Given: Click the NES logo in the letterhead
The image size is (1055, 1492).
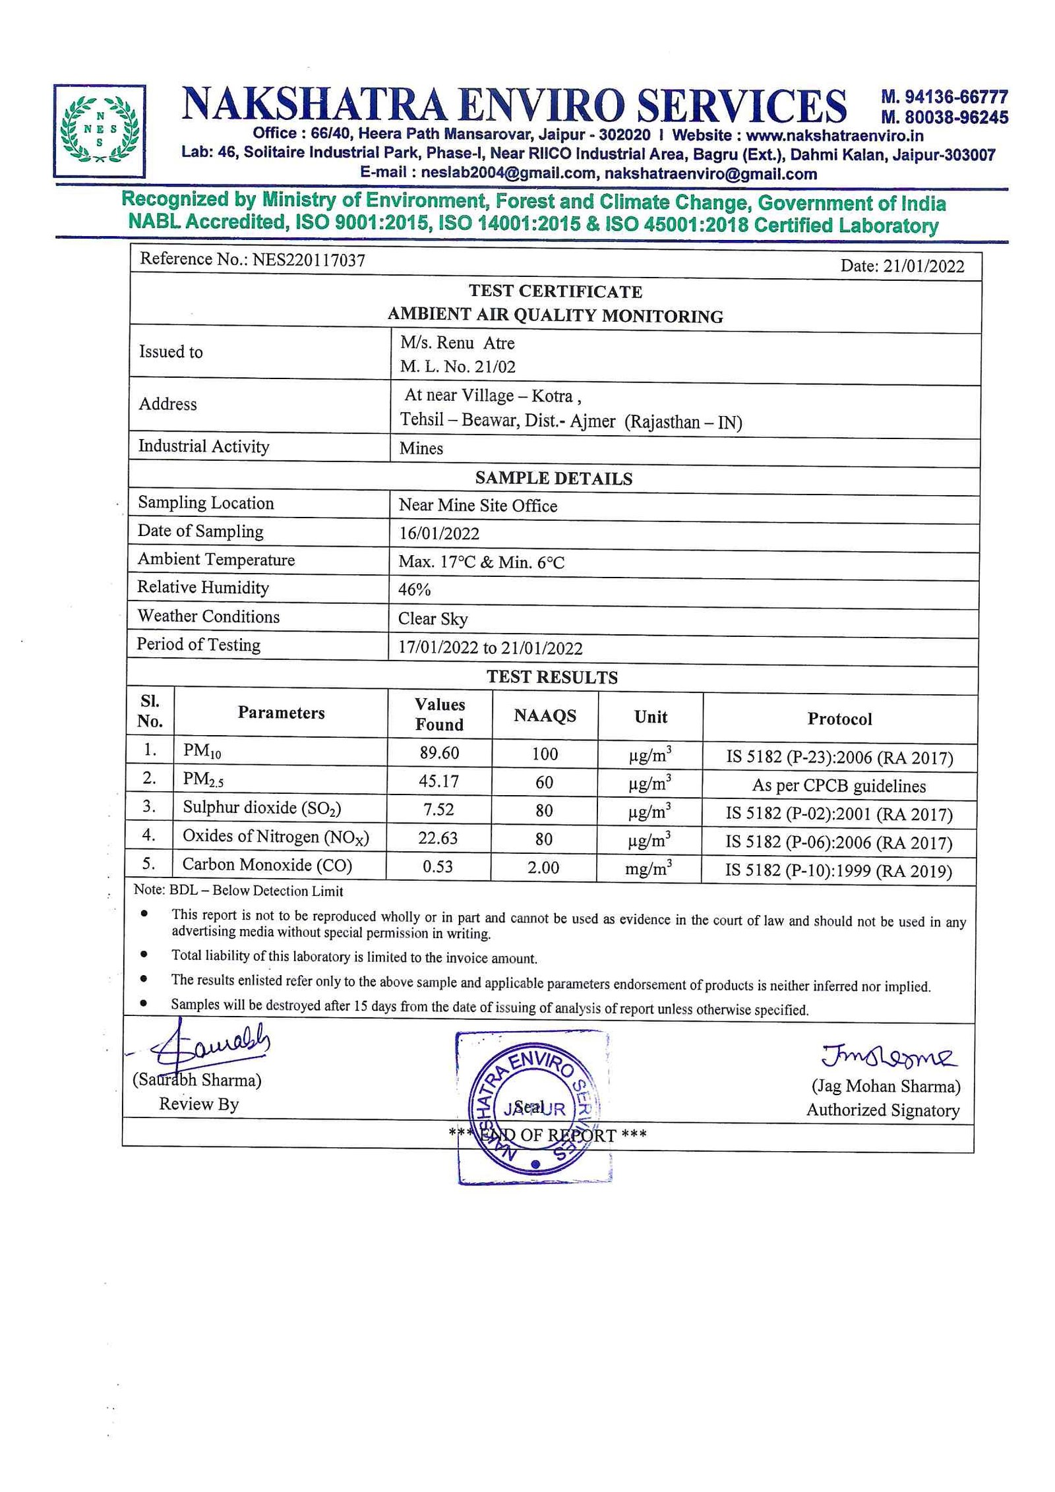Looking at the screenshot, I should pos(99,130).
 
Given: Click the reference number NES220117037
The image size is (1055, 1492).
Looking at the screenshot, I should pos(309,260).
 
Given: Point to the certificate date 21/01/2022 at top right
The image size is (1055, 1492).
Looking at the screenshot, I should pos(923,266).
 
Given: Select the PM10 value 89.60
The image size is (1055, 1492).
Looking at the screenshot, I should pos(439,752).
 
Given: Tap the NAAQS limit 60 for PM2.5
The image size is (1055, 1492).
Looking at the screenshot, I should pos(544,782).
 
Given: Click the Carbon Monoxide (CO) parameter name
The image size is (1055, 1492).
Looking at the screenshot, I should pos(267,864).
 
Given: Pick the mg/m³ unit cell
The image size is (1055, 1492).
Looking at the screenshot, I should pos(649,868).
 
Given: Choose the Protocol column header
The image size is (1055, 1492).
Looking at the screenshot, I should pos(839,719).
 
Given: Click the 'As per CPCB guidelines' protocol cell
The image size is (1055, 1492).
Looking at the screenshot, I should pos(839,786).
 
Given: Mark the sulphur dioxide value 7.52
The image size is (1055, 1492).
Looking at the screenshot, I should pos(438,810).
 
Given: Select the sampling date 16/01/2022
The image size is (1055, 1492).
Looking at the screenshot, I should pos(438,533).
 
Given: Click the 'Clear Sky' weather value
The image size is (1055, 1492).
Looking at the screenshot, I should pos(433,619).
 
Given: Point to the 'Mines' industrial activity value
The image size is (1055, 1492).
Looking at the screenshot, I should pos(421,448).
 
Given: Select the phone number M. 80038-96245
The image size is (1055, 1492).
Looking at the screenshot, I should pos(944,117).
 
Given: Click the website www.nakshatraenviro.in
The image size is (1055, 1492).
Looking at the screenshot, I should pos(834,136).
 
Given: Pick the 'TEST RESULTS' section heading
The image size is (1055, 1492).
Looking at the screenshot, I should pos(552,677).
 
